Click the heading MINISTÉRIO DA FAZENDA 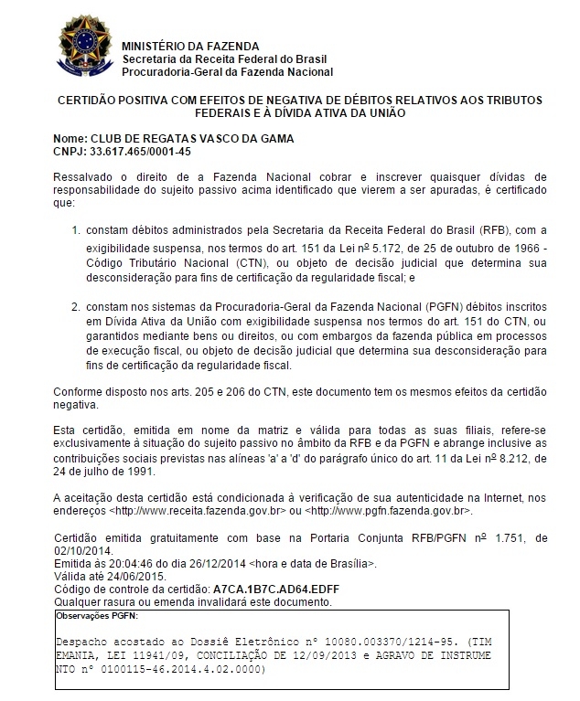pyautogui.click(x=189, y=46)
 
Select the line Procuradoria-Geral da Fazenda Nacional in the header pyautogui.click(x=227, y=71)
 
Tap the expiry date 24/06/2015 pyautogui.click(x=127, y=578)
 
